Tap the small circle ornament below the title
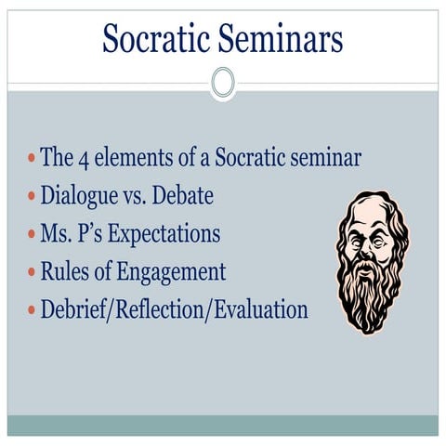223,83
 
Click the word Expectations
164,233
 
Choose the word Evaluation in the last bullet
262,309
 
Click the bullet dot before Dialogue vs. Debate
32,197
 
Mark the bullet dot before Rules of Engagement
32,273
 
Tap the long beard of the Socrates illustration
372,297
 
